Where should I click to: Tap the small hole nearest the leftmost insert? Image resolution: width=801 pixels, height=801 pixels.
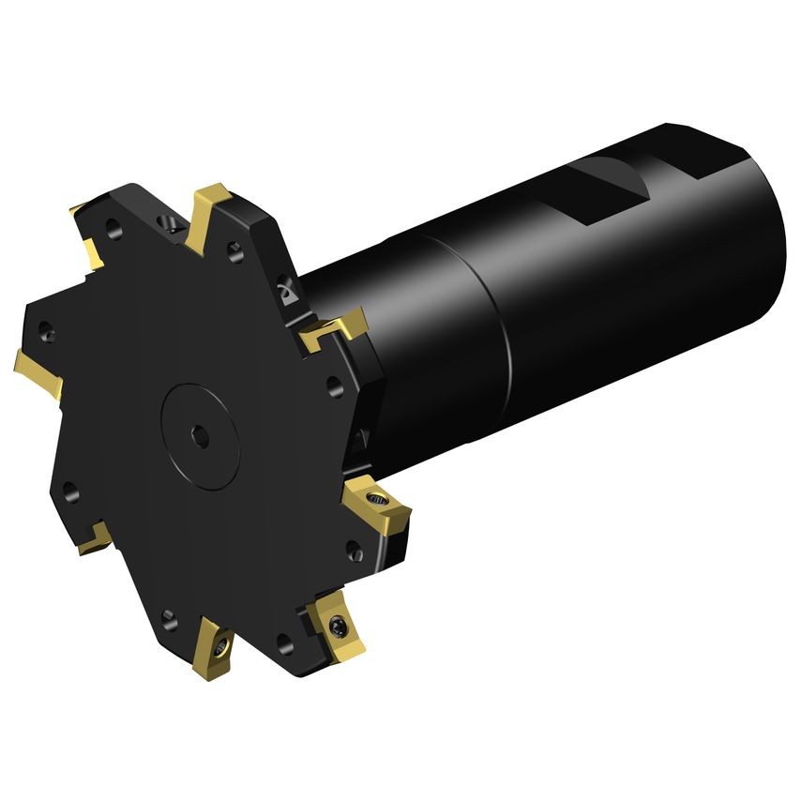(x=47, y=333)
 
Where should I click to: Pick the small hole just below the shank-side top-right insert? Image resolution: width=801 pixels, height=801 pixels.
(x=334, y=383)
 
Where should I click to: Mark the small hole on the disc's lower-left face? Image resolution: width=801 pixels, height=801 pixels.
(x=69, y=488)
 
